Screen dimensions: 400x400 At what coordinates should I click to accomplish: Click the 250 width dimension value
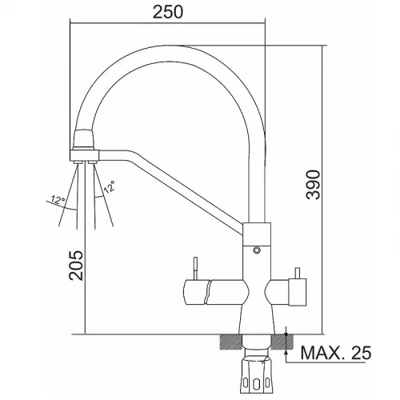[x=168, y=12]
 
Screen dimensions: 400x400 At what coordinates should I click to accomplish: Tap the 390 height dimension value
[x=313, y=185]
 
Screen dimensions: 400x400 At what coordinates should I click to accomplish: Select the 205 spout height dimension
[x=76, y=266]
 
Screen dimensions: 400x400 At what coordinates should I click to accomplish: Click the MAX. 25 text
[x=336, y=353]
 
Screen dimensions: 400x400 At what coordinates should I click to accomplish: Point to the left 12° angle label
[x=58, y=200]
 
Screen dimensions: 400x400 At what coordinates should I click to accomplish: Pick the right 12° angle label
[x=109, y=186]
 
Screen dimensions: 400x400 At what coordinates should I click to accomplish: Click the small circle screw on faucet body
[x=257, y=250]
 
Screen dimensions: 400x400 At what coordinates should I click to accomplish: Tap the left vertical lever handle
[x=195, y=268]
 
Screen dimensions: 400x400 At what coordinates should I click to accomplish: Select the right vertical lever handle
[x=298, y=273]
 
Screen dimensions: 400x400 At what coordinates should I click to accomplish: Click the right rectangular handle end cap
[x=298, y=291]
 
